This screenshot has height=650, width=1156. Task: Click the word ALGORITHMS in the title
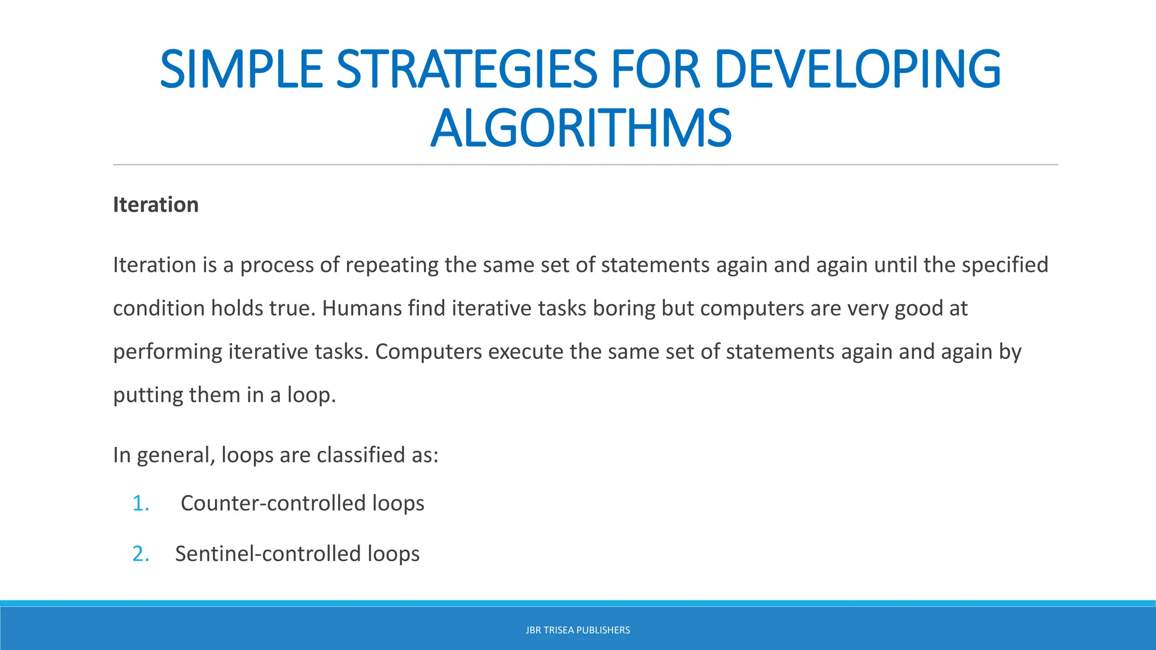pyautogui.click(x=581, y=129)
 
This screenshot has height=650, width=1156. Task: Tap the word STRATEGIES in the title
pyautogui.click(x=466, y=70)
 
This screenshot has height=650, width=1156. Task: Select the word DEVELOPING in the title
pyautogui.click(x=857, y=70)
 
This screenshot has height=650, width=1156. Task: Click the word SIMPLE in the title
pyautogui.click(x=241, y=70)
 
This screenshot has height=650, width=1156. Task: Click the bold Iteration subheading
pyautogui.click(x=156, y=205)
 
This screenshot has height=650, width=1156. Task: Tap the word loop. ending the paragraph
pyautogui.click(x=312, y=395)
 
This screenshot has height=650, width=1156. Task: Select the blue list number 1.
pyautogui.click(x=141, y=503)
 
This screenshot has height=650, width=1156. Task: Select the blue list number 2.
pyautogui.click(x=141, y=554)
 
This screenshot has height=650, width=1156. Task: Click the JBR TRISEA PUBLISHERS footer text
pyautogui.click(x=577, y=630)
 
